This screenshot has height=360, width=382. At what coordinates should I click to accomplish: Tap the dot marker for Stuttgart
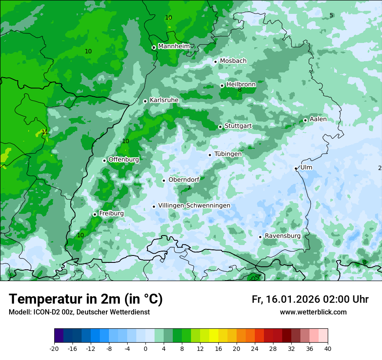coord(221,127)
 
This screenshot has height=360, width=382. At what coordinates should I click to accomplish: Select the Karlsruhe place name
coord(164,100)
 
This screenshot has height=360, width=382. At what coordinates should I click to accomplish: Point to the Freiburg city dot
coord(95,214)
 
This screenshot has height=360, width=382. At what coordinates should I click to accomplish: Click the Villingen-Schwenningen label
coord(194,205)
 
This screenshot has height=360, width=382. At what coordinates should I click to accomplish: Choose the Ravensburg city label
coord(283,236)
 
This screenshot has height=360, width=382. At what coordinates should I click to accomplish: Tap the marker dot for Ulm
coord(296,168)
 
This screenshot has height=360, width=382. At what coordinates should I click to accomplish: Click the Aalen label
coord(318,119)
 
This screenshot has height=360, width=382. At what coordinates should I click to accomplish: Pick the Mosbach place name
coord(233,61)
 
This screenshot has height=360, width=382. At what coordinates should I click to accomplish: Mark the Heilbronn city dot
coord(222,85)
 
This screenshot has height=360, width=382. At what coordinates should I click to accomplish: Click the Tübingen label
coord(228,154)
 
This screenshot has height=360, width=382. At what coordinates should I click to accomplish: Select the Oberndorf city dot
coord(164,180)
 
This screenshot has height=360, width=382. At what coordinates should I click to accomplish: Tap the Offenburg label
coord(124,159)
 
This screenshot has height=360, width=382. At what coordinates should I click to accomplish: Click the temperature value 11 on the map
coord(45,132)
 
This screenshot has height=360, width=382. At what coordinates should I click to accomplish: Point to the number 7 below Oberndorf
coord(189,188)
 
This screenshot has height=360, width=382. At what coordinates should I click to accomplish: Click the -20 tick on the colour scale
coord(54,348)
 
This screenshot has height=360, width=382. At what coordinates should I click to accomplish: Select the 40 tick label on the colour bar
coord(327,348)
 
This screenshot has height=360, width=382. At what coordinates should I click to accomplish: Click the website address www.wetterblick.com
coord(313,312)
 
